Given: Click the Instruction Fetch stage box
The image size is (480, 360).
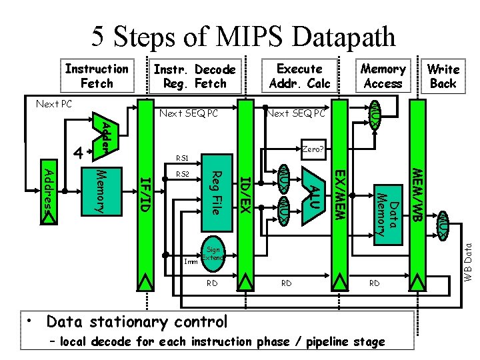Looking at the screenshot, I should click(x=97, y=76).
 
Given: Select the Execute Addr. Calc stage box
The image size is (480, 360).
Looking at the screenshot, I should click(x=299, y=76).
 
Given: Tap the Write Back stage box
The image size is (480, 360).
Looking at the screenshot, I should click(x=443, y=76).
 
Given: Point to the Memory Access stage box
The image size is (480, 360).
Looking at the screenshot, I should click(x=383, y=76).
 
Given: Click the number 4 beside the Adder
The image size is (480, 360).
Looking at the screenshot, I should click(x=78, y=153).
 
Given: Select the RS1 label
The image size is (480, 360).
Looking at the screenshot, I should click(x=182, y=159).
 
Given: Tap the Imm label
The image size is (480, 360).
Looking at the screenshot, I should click(x=190, y=261).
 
